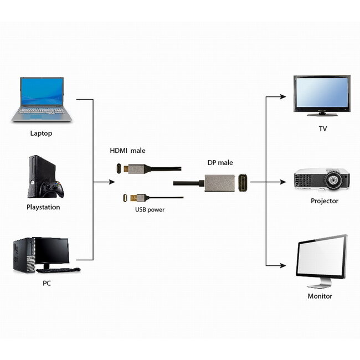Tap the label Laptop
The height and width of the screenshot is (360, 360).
coord(42,133)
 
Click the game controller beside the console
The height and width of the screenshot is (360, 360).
coord(54,189)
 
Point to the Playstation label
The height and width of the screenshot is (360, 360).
coord(43,207)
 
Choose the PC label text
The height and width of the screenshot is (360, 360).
coord(47,283)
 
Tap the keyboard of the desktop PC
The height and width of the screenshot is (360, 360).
coord(58,270)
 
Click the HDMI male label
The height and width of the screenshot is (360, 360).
coord(128,151)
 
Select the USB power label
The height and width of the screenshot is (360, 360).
coord(150,210)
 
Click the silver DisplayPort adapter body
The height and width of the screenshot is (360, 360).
coord(220,183)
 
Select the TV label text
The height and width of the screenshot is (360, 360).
coord(322,129)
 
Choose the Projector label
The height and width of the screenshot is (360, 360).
coord(324,201)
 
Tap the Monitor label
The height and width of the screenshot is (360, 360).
coord(320,296)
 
